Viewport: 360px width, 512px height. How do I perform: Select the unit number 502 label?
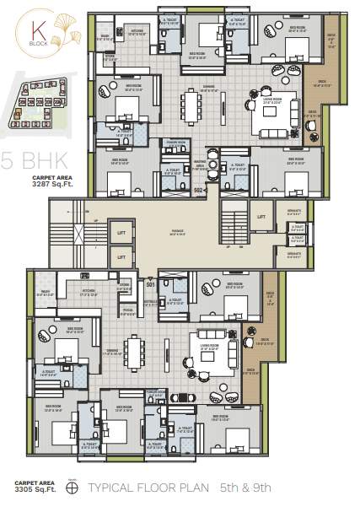click(199, 191)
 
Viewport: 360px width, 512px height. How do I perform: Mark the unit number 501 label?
click(150, 284)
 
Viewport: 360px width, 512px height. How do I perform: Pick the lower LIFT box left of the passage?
click(121, 256)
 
